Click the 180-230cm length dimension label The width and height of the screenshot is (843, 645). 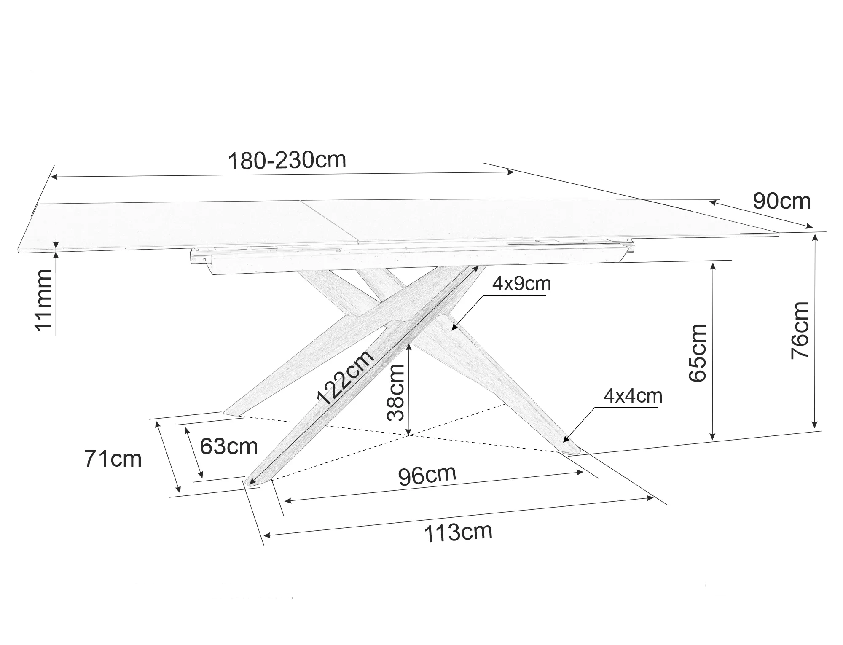coord(287,160)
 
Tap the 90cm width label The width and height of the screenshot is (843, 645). coord(782,201)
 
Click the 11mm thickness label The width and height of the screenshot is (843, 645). coord(43,300)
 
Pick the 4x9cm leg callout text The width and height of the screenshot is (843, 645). coord(522,284)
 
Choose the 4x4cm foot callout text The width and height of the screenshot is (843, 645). coord(633,395)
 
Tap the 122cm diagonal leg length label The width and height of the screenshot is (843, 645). coord(345,377)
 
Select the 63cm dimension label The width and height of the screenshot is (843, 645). coord(228,446)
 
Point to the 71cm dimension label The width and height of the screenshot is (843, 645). coord(113,459)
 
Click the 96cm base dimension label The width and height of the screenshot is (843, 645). coord(427,475)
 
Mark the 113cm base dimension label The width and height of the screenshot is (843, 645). coord(458,532)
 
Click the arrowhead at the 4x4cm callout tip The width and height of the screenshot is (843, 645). coord(565,439)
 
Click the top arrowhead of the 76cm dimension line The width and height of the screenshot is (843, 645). coord(815,236)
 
